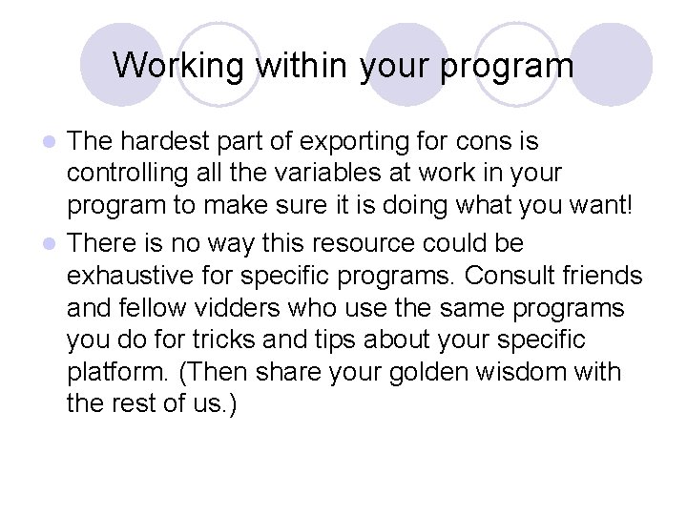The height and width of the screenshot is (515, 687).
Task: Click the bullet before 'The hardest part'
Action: pyautogui.click(x=54, y=143)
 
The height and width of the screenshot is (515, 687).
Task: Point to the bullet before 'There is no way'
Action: pyautogui.click(x=54, y=244)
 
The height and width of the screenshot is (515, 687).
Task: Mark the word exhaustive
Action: pyautogui.click(x=135, y=277)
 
